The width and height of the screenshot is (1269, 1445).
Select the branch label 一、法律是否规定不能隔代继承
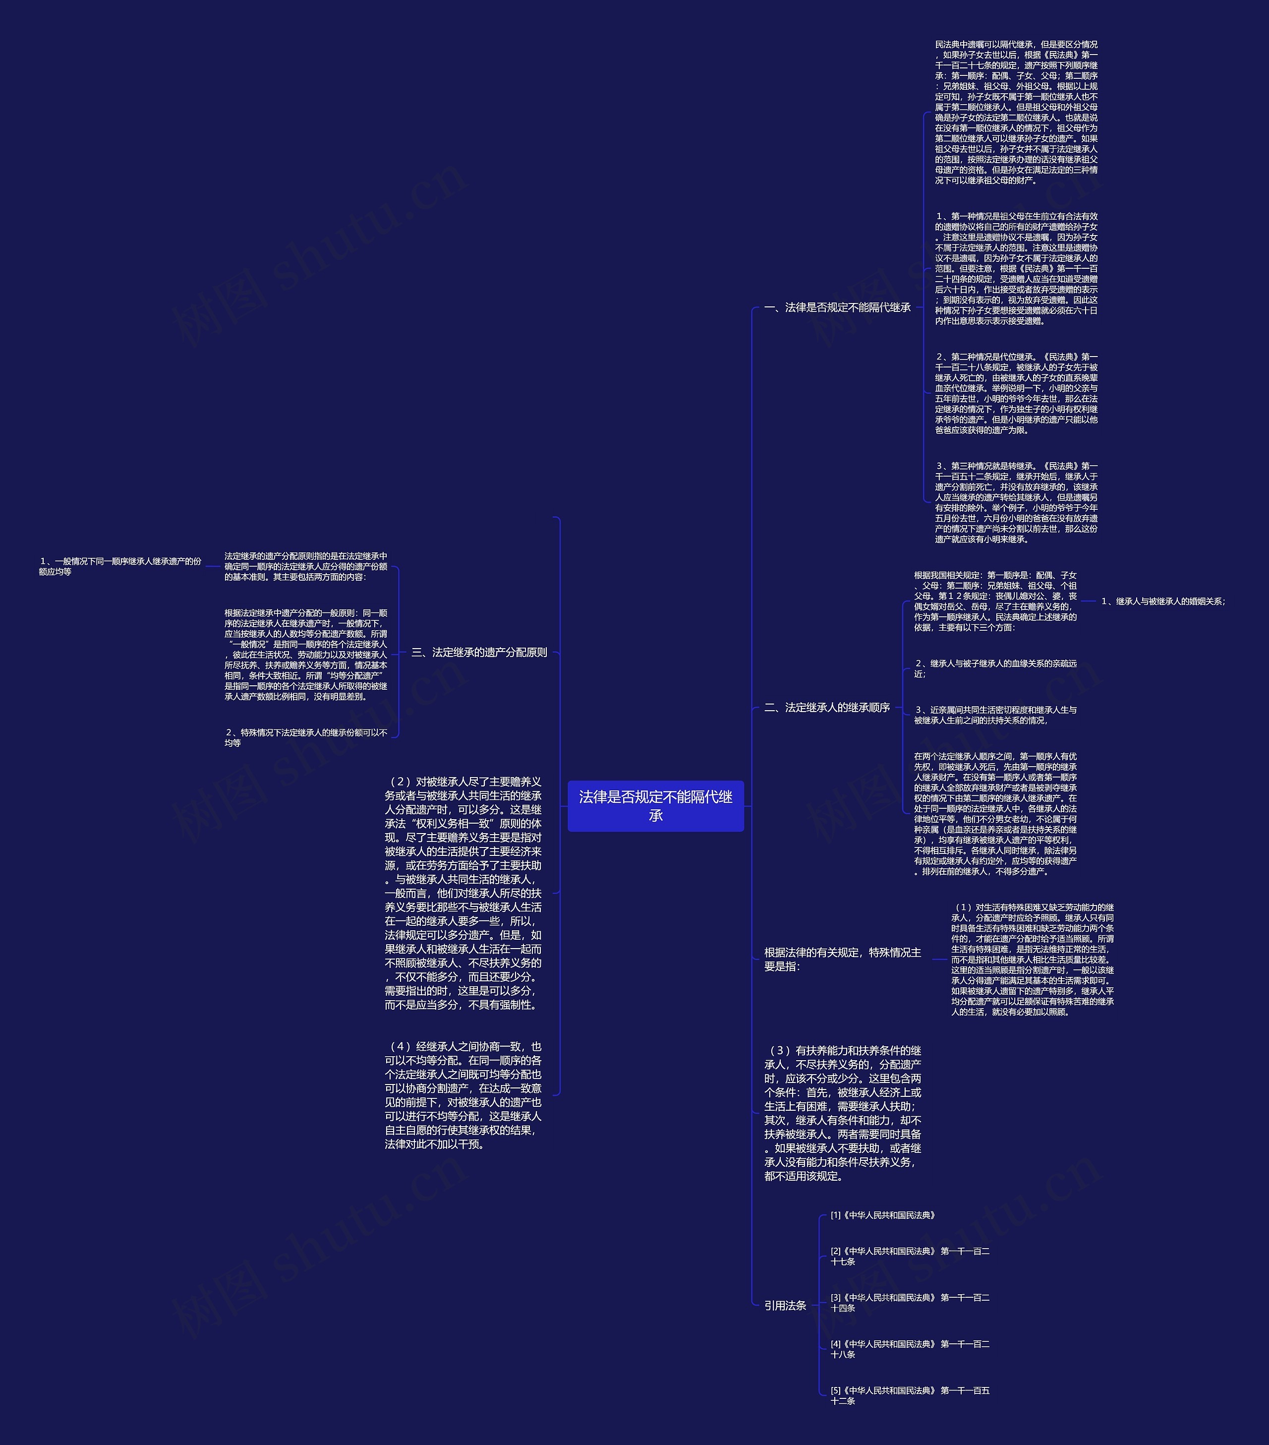coord(837,307)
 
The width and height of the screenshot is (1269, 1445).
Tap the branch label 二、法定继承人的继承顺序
coord(827,707)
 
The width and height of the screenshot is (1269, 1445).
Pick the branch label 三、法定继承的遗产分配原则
coord(479,653)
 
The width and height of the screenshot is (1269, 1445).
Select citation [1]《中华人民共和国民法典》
coord(883,1215)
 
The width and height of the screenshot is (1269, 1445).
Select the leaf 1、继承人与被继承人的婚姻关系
coord(1163,602)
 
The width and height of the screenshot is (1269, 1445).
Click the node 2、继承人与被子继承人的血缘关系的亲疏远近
coord(995,669)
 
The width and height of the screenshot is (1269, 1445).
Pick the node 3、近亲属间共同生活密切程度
coord(995,715)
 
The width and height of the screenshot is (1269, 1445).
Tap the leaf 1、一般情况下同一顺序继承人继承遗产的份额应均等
coord(120,566)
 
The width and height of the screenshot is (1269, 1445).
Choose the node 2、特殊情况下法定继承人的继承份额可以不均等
coord(306,737)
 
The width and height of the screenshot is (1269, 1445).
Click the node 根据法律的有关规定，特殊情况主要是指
coord(842,960)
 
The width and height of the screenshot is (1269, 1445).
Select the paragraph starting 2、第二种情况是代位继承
coord(1016,393)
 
